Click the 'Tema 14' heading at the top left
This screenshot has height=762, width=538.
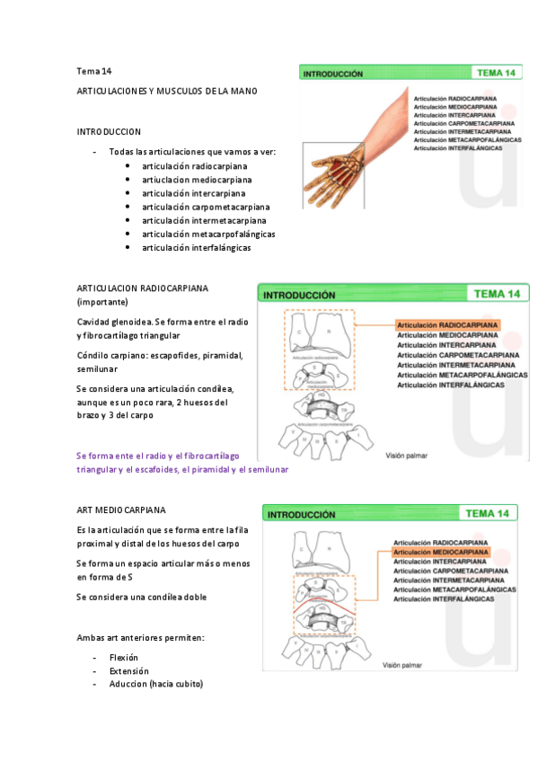94,71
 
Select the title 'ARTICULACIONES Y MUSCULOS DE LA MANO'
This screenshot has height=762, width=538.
168,92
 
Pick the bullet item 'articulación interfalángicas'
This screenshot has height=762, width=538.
196,247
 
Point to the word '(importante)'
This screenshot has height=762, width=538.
102,301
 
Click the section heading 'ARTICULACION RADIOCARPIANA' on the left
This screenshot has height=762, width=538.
143,288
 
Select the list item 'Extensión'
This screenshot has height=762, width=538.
128,671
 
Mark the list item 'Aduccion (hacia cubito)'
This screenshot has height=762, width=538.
156,685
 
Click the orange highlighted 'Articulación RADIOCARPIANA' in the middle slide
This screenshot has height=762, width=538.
447,326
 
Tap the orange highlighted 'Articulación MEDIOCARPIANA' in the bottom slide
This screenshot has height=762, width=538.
440,553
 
